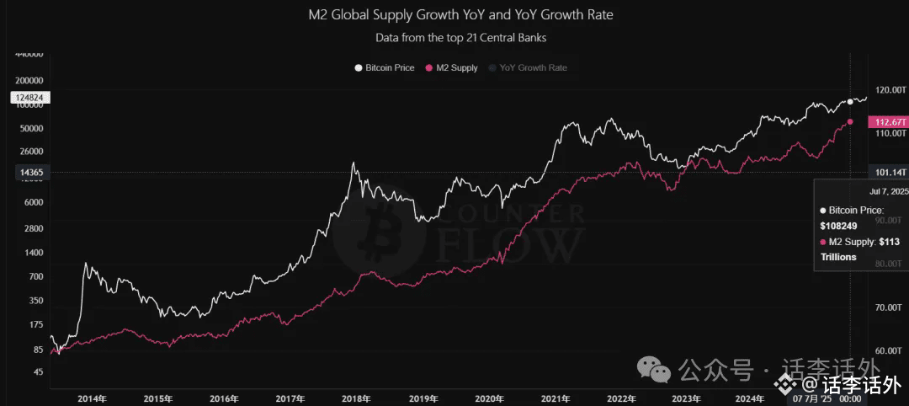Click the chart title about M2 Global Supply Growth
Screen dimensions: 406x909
[x=460, y=15]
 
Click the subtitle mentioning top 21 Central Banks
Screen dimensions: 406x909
[x=460, y=37]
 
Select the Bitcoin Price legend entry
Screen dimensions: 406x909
[x=385, y=67]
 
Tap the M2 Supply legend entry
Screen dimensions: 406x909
[x=454, y=67]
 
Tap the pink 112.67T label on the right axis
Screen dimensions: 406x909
[x=888, y=122]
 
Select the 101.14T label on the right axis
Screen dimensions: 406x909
[x=888, y=173]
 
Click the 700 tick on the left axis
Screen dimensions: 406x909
[x=35, y=276]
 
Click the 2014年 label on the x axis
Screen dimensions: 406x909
[x=93, y=399]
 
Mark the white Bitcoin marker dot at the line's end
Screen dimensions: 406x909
[x=850, y=101]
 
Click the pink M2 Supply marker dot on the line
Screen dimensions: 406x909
[x=850, y=122]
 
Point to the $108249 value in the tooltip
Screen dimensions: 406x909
[x=837, y=226]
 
